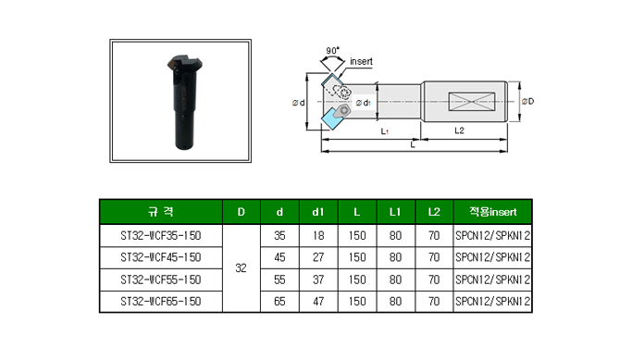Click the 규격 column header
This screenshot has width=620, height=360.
[160, 212]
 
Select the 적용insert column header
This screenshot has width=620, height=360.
[492, 212]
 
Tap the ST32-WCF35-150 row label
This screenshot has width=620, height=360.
[161, 236]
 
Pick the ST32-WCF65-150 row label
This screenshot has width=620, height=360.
[161, 302]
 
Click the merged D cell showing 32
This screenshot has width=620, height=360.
[242, 268]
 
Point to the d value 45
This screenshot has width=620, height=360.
[279, 257]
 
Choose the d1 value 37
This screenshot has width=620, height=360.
[318, 279]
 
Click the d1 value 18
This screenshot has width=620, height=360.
[318, 236]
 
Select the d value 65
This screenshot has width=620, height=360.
[279, 302]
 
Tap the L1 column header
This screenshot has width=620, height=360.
[395, 212]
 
